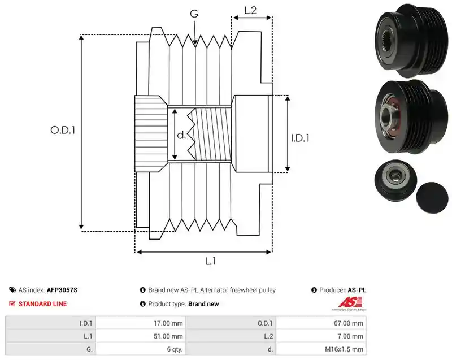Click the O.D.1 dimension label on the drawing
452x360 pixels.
tap(63, 131)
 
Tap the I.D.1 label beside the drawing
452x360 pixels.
tap(300, 138)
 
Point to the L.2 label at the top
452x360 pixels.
tap(250, 10)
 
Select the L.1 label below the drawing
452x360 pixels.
tap(210, 261)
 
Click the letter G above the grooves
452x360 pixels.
tap(194, 14)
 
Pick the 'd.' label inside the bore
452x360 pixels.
tap(181, 135)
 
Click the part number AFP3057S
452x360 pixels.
tap(62, 290)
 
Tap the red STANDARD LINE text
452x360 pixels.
tap(43, 304)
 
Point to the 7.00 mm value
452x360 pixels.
tap(350, 336)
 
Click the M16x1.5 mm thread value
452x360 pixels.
tap(344, 349)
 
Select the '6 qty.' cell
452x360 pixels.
tap(175, 349)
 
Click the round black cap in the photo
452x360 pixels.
tap(432, 198)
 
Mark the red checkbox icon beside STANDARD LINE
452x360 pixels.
tap(12, 303)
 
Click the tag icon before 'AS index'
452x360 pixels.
tap(12, 290)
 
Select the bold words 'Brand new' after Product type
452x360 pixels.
tap(203, 304)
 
